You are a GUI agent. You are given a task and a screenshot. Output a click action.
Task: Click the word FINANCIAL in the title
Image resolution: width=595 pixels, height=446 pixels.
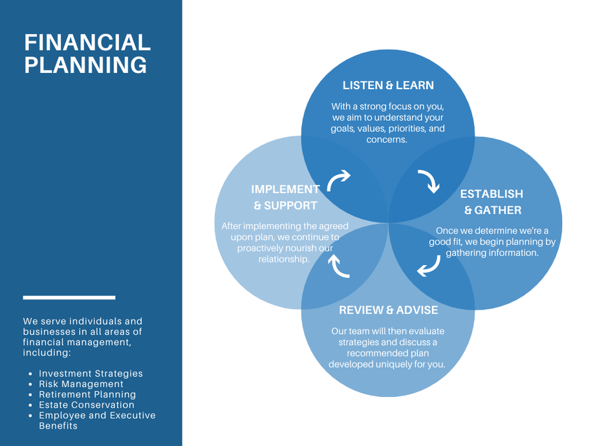[87, 42]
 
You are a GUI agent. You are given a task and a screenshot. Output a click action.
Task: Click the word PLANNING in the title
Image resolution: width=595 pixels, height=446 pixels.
[85, 65]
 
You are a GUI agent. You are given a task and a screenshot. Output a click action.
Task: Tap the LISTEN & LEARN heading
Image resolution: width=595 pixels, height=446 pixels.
[388, 85]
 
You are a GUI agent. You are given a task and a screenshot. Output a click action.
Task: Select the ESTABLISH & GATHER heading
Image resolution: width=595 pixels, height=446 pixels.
[492, 202]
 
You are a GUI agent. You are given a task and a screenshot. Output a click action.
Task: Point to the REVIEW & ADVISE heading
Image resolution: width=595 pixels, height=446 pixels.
[388, 310]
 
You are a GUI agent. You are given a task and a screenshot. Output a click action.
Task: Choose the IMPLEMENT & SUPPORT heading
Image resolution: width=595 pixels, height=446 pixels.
[285, 197]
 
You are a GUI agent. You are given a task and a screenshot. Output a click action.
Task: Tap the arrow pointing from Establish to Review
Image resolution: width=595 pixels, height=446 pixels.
[430, 266]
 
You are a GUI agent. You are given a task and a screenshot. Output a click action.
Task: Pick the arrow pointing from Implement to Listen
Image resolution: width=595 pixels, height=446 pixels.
[338, 180]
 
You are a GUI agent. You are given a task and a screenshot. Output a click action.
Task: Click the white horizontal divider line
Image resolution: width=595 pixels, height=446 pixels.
[69, 298]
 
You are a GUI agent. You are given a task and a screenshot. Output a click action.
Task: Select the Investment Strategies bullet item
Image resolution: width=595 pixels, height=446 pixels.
[91, 374]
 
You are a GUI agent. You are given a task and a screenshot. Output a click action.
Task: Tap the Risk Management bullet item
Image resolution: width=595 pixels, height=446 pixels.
[81, 384]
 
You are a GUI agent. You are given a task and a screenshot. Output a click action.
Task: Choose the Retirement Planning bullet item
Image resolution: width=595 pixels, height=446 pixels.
[87, 394]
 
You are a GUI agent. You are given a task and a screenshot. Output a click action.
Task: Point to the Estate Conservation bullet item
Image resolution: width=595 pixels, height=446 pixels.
[87, 405]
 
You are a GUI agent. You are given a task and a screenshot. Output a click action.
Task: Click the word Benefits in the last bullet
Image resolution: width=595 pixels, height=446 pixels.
[58, 426]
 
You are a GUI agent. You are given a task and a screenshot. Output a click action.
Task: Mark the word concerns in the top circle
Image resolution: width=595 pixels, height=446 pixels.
[387, 140]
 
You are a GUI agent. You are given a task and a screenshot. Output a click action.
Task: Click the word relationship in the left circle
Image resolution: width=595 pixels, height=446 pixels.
[284, 259]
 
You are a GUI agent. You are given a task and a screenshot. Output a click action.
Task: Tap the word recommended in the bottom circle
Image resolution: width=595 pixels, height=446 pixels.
[388, 354]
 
